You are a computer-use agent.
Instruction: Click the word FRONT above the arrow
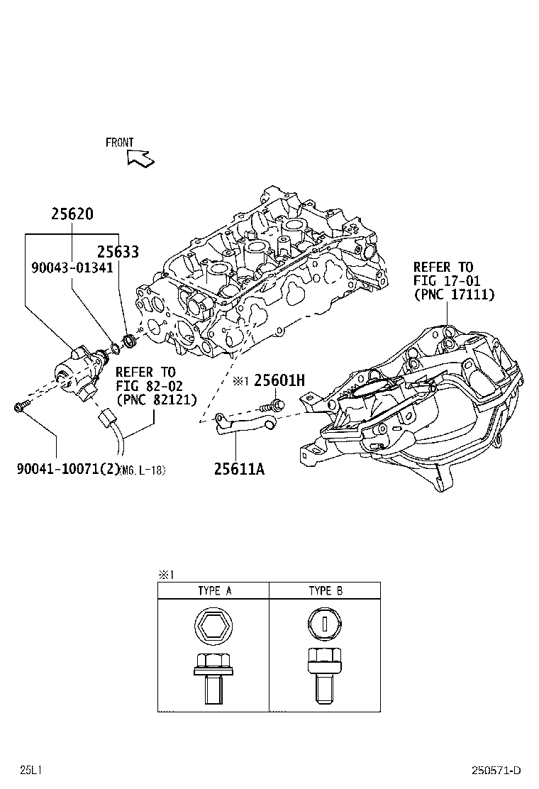click(119, 143)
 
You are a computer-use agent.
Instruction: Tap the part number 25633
click(118, 251)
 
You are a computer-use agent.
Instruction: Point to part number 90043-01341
click(72, 267)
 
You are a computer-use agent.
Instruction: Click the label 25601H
click(279, 381)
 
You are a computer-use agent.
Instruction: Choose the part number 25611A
click(239, 469)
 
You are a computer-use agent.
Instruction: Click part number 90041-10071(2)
click(67, 469)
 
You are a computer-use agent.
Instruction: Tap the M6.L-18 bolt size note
click(143, 470)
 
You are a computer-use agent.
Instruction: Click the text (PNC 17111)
click(454, 294)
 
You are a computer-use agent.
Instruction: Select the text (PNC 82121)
click(155, 399)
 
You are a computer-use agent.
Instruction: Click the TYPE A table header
click(213, 590)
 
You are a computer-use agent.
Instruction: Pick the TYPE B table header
click(326, 590)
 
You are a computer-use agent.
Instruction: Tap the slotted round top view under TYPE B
click(325, 624)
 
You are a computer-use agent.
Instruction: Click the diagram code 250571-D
click(497, 771)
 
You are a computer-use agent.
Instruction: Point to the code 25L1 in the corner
click(30, 771)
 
